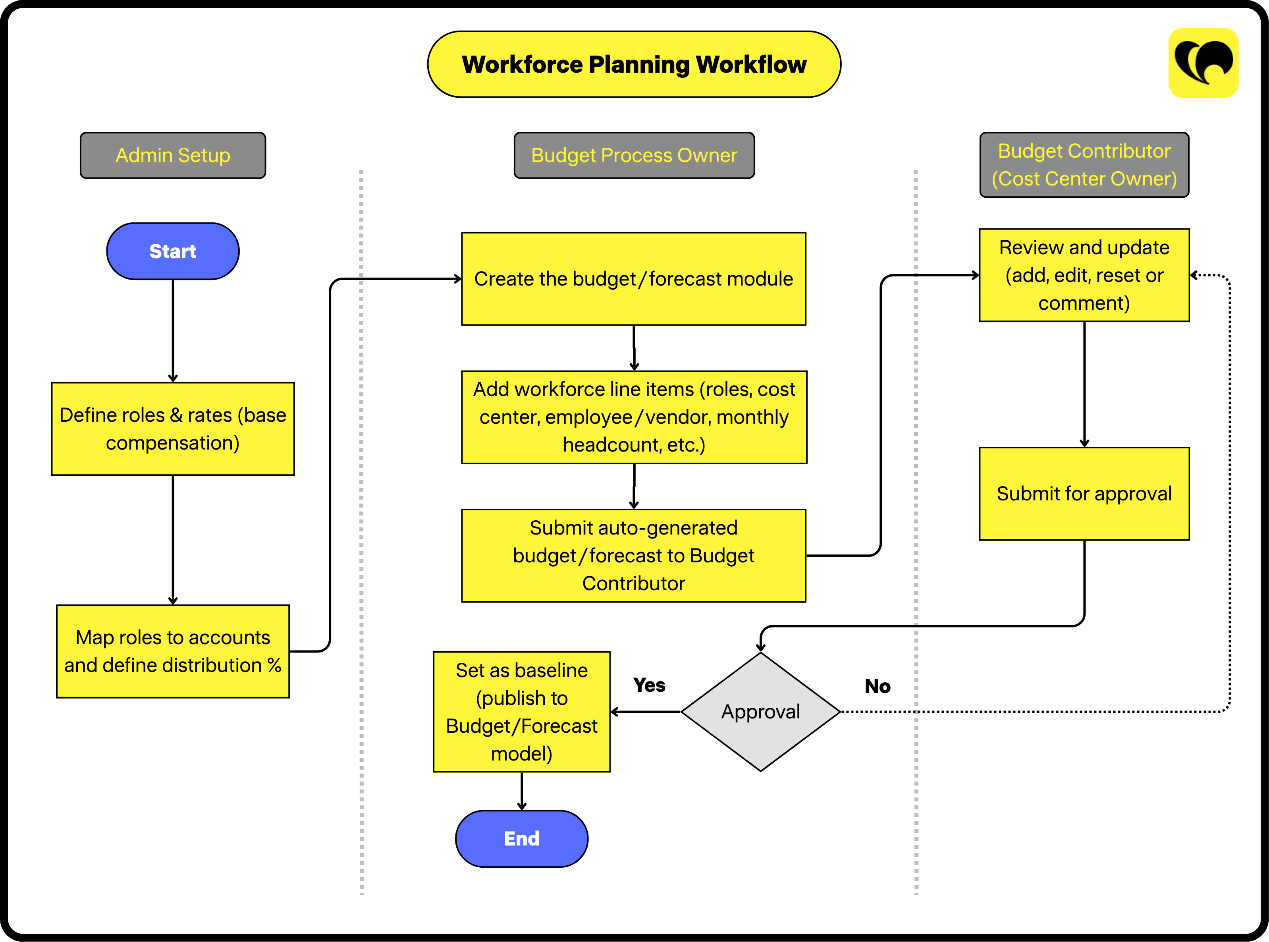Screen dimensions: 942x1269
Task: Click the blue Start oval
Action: pyautogui.click(x=173, y=251)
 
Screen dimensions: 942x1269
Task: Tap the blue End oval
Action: pyautogui.click(x=522, y=838)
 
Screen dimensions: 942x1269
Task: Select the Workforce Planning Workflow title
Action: pyautogui.click(x=634, y=64)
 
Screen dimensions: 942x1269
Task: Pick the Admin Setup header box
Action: pyautogui.click(x=173, y=155)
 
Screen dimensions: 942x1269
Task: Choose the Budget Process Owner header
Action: pyautogui.click(x=634, y=155)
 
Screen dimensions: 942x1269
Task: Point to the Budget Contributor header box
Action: pyautogui.click(x=1084, y=165)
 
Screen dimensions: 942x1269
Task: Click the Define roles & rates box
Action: pyautogui.click(x=173, y=429)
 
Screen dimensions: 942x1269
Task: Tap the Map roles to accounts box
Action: pyautogui.click(x=173, y=651)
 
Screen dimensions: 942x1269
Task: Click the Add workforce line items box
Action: pyautogui.click(x=634, y=417)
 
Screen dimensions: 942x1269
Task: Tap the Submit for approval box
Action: pyautogui.click(x=1084, y=494)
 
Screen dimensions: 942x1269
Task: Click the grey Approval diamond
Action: pyautogui.click(x=760, y=712)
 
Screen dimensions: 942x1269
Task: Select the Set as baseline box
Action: pyautogui.click(x=522, y=712)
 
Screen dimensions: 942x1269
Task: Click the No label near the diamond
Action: pyautogui.click(x=877, y=686)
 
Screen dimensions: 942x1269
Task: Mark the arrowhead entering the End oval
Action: pyautogui.click(x=522, y=806)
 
